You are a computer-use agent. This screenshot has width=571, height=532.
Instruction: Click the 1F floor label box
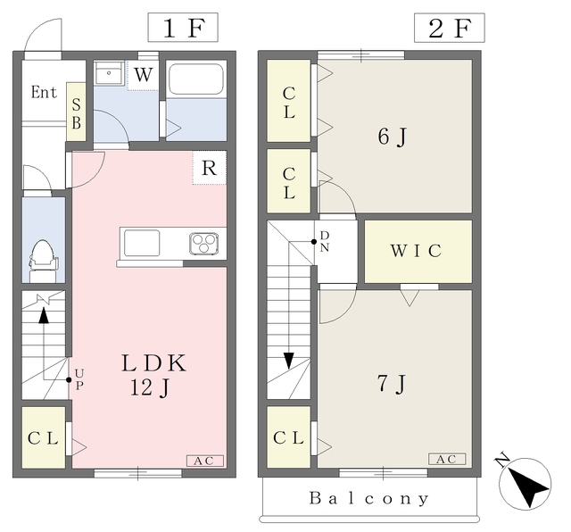tap(183, 28)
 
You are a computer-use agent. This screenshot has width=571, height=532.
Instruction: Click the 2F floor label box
tap(450, 28)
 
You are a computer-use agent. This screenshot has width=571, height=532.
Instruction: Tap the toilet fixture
tap(44, 260)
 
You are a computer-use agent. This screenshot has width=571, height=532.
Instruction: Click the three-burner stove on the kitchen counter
tap(204, 244)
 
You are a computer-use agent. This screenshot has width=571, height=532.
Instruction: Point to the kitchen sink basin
tap(142, 243)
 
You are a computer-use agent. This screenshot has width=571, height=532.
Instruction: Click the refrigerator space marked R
tap(210, 168)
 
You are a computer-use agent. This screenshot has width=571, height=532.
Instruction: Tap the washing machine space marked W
tap(143, 75)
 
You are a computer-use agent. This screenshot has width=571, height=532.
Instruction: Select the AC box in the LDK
tap(204, 461)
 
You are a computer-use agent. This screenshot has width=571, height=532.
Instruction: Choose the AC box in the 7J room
tap(447, 459)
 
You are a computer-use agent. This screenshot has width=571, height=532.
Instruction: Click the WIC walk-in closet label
tap(417, 251)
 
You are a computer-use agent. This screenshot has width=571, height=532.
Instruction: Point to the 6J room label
tap(392, 137)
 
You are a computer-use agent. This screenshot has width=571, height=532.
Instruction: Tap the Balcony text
tap(369, 498)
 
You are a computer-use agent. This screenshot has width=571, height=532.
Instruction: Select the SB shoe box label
tap(76, 114)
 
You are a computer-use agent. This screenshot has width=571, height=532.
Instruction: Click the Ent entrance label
tap(44, 92)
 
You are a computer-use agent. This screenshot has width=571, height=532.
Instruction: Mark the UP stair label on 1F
tap(79, 379)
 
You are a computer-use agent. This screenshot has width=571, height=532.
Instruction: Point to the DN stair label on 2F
tap(325, 241)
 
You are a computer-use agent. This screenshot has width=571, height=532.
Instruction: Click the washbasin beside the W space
tap(109, 73)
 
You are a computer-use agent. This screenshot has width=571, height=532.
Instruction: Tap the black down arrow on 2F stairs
tap(289, 361)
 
